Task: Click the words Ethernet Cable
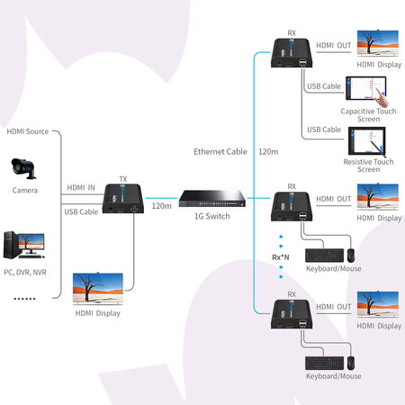click(220, 151)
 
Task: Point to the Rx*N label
click(280, 257)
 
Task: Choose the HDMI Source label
click(27, 131)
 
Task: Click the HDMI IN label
click(81, 187)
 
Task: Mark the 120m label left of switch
click(161, 206)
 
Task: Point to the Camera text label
click(25, 191)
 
